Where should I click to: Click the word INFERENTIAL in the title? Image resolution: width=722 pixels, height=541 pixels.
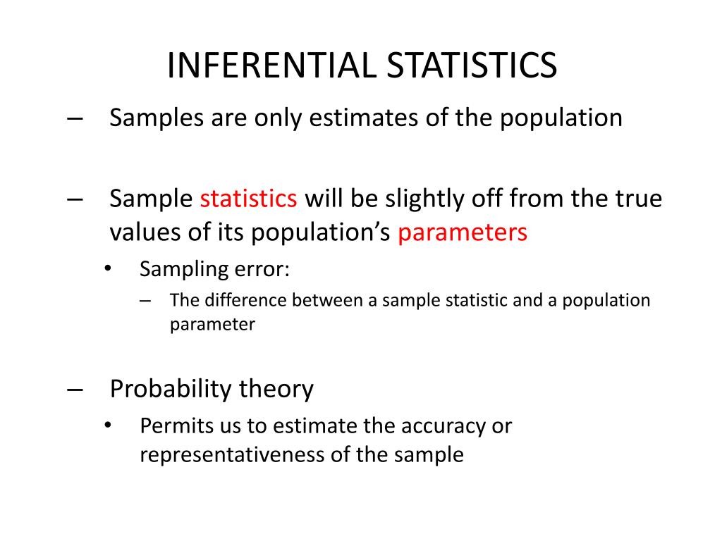click(x=271, y=66)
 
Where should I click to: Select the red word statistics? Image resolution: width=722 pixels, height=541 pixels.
click(x=248, y=199)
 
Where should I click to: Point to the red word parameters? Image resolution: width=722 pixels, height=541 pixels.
click(x=462, y=233)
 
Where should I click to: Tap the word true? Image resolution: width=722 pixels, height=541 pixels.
click(x=640, y=199)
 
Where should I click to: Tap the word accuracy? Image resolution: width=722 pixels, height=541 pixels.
click(x=441, y=426)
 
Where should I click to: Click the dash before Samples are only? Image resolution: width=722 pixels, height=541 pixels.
click(x=76, y=118)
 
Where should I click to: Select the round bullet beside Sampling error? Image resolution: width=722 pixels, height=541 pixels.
click(x=107, y=269)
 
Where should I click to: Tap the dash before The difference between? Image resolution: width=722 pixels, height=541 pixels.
click(x=146, y=301)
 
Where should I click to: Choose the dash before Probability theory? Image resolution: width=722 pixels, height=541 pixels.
click(x=76, y=389)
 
